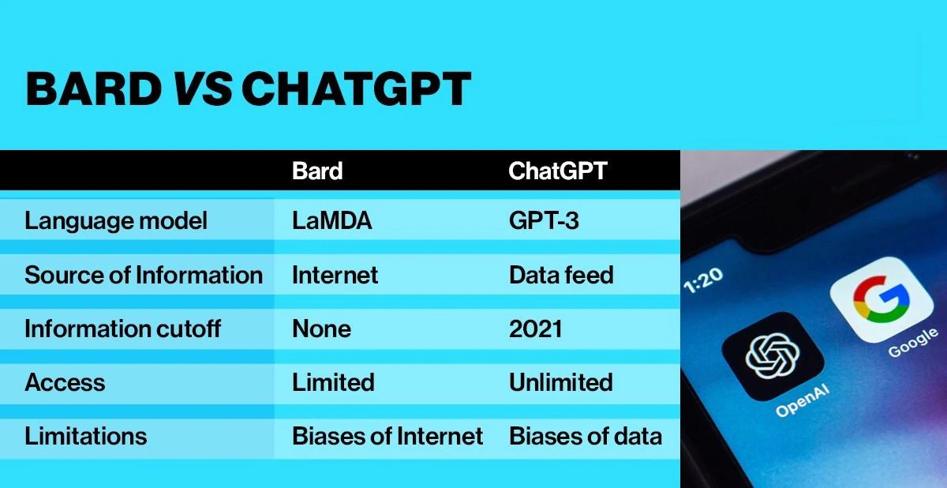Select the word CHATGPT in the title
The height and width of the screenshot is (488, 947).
(356, 89)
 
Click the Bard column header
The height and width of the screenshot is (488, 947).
(317, 171)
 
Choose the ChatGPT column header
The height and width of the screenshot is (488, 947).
(558, 171)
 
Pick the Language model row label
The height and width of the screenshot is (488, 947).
(116, 221)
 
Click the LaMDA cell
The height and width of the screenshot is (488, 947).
(331, 221)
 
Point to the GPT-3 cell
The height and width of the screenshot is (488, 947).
(544, 221)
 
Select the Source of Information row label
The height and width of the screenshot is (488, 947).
(144, 275)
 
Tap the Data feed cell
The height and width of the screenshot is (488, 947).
(561, 275)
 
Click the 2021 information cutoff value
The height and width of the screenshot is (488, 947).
(536, 328)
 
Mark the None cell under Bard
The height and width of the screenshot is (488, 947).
(321, 328)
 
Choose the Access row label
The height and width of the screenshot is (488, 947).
(65, 382)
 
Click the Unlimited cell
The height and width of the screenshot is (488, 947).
(561, 382)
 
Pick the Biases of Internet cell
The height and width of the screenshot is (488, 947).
(387, 436)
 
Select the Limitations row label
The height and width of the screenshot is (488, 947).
(85, 436)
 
